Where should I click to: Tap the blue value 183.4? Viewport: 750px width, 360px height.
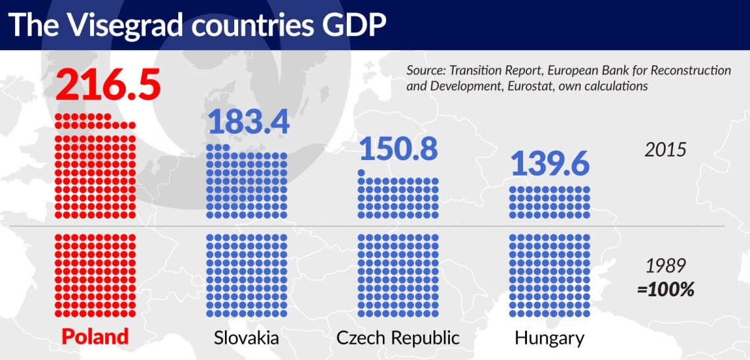pyautogui.click(x=248, y=122)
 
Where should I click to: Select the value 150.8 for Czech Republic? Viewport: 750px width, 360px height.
pyautogui.click(x=399, y=151)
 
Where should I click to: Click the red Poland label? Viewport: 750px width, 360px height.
pyautogui.click(x=95, y=337)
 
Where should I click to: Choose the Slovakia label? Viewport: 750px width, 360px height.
pyautogui.click(x=247, y=338)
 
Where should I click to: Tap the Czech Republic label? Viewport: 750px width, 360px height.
pyautogui.click(x=398, y=338)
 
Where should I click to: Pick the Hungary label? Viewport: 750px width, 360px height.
pyautogui.click(x=549, y=338)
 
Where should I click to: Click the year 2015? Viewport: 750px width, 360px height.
pyautogui.click(x=665, y=149)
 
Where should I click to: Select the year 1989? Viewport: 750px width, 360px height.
pyautogui.click(x=666, y=266)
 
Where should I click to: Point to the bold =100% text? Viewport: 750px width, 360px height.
pyautogui.click(x=666, y=289)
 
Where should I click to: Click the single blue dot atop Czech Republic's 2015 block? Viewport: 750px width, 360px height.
pyautogui.click(x=361, y=173)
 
